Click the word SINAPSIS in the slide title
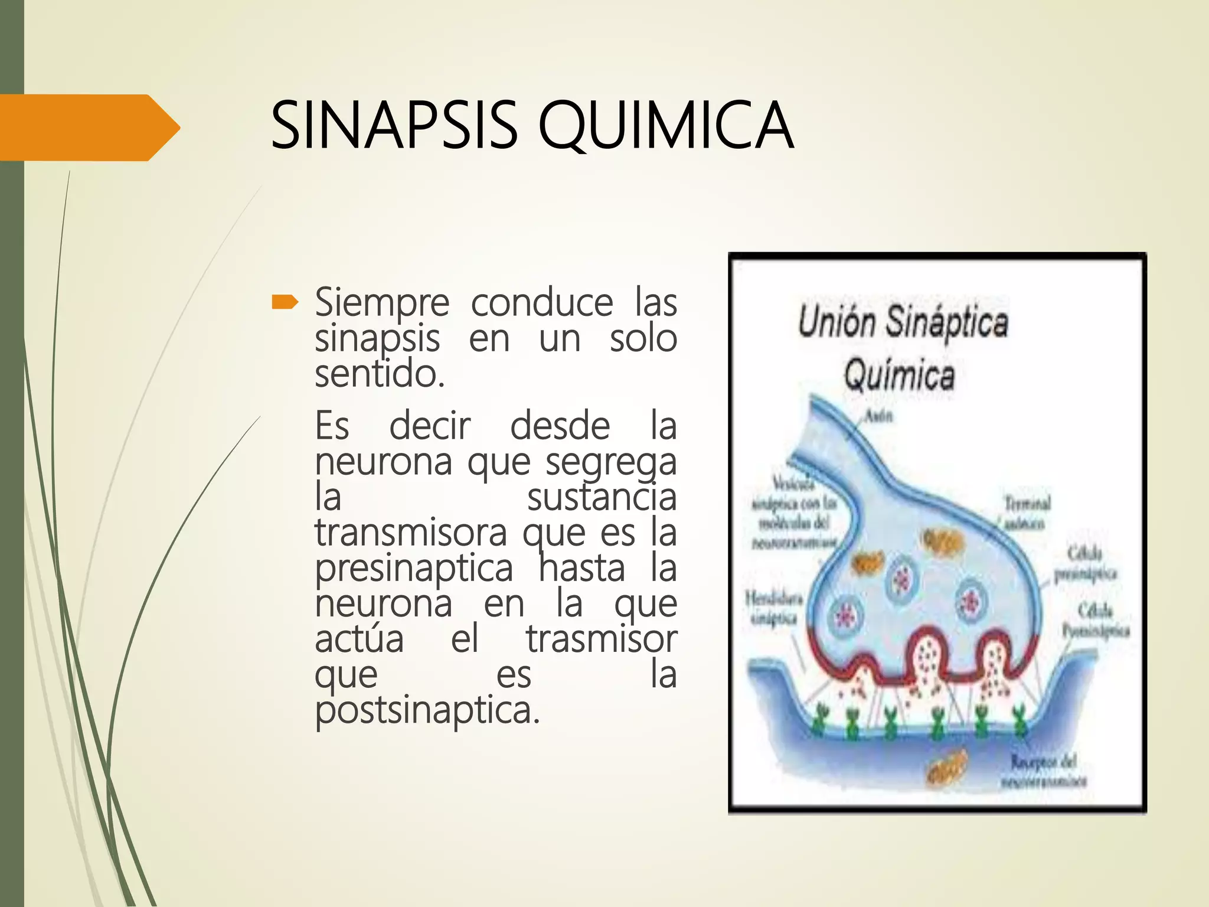(x=394, y=126)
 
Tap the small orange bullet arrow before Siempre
(x=285, y=303)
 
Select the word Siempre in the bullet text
(x=382, y=303)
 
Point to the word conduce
(x=542, y=303)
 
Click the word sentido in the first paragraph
(x=379, y=375)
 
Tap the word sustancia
(x=602, y=498)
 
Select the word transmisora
(x=411, y=533)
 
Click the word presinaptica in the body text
(x=414, y=569)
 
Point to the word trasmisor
(x=602, y=640)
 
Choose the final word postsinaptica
(x=427, y=710)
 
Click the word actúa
(x=359, y=640)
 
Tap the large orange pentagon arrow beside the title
(x=89, y=128)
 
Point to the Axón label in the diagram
(x=878, y=416)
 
